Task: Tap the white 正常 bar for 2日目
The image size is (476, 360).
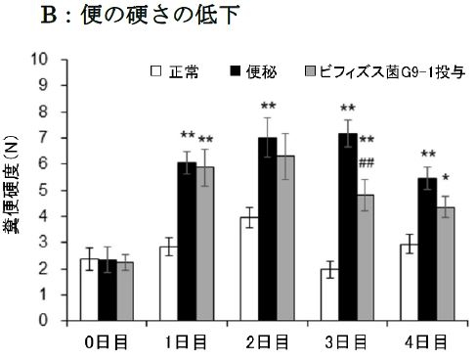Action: pyautogui.click(x=249, y=268)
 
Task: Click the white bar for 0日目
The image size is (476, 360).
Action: pyautogui.click(x=89, y=289)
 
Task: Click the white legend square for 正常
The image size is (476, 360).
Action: pyautogui.click(x=155, y=71)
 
